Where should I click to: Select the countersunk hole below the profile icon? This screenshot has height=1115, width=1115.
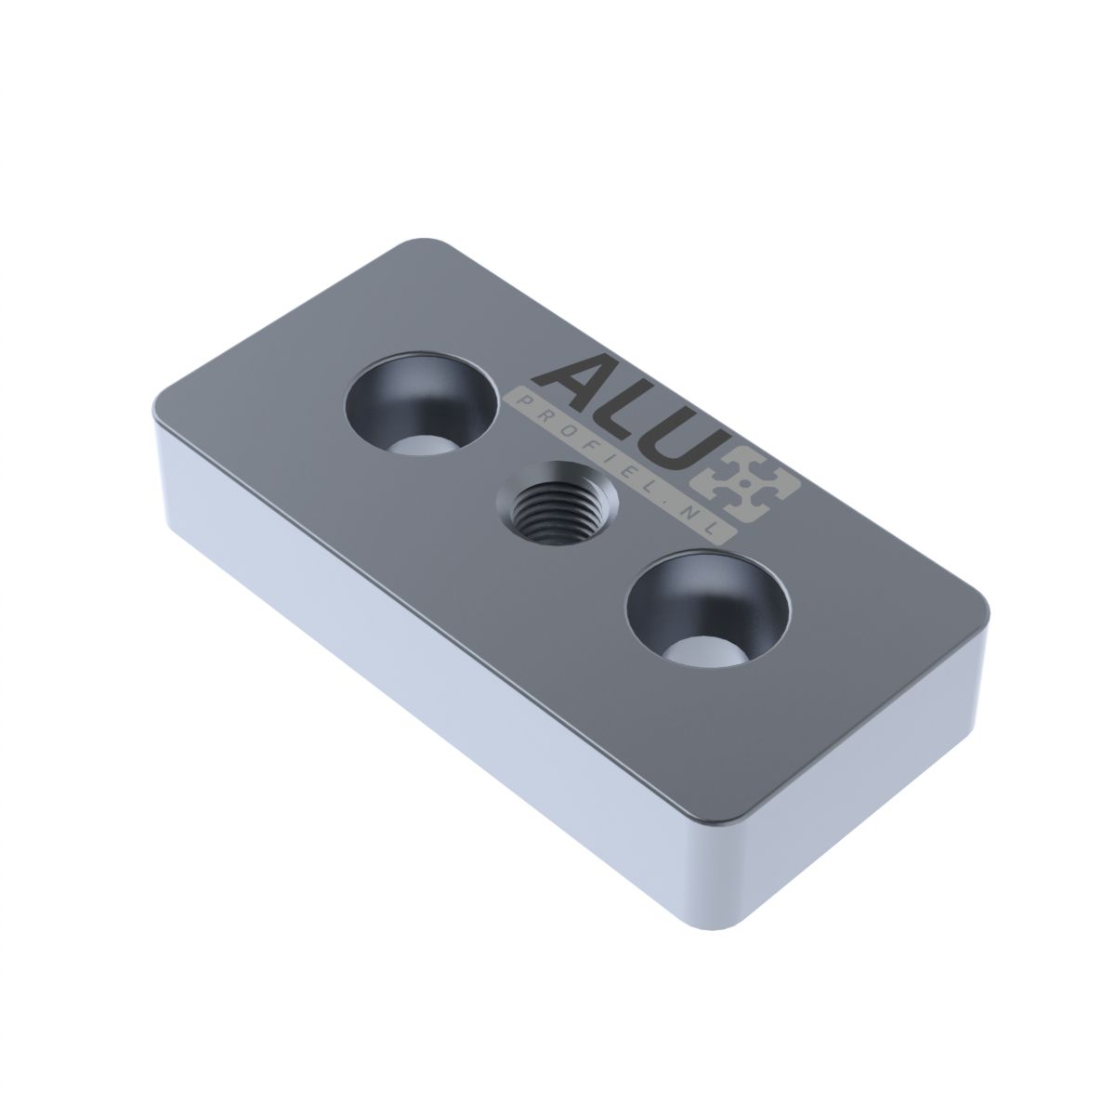[x=708, y=613]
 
